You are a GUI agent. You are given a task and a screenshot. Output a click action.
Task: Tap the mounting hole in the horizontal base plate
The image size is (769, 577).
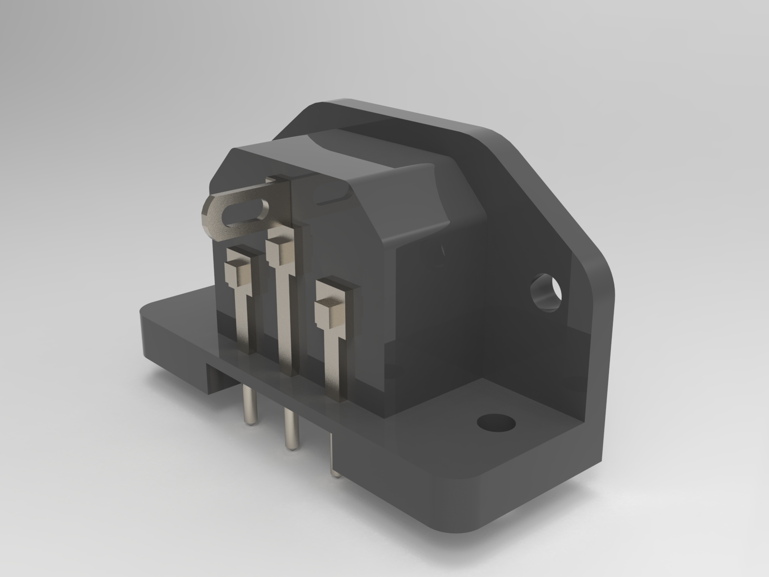tap(496, 423)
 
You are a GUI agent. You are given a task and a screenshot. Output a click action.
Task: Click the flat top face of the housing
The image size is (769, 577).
tap(365, 154)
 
